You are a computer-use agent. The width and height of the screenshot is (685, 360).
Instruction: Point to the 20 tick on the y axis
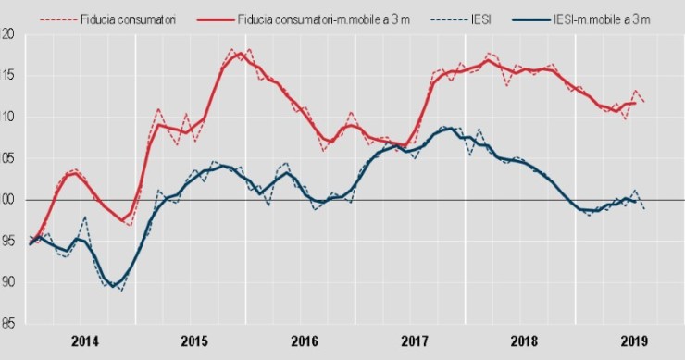(x=8, y=34)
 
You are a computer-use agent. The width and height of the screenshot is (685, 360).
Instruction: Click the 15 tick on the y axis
(x=8, y=76)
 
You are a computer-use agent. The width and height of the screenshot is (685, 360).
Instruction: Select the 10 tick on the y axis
(x=8, y=117)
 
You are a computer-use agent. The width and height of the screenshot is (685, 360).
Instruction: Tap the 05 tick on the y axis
(x=8, y=158)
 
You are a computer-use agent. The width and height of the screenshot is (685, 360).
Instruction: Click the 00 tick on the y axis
(x=8, y=200)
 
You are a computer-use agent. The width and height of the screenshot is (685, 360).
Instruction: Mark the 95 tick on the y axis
(x=8, y=241)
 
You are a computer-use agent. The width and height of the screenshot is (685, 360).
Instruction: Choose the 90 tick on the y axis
(x=8, y=282)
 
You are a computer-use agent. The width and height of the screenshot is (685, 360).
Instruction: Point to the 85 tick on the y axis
(x=8, y=324)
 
